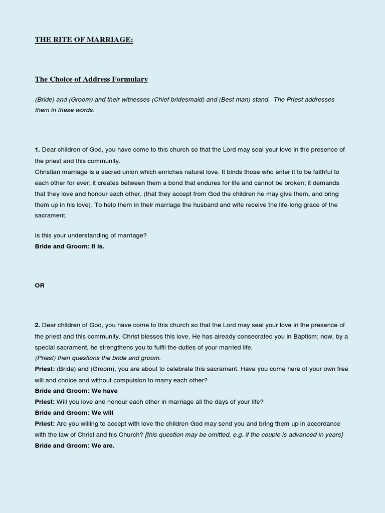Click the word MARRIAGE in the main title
pyautogui.click(x=110, y=40)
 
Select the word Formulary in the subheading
pyautogui.click(x=131, y=79)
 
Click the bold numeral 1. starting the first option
pyautogui.click(x=37, y=150)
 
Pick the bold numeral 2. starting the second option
pyautogui.click(x=37, y=325)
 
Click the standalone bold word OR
pyautogui.click(x=40, y=286)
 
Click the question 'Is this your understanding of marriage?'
pyautogui.click(x=91, y=235)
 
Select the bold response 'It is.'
pyautogui.click(x=98, y=246)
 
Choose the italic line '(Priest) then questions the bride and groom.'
pyautogui.click(x=98, y=358)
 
